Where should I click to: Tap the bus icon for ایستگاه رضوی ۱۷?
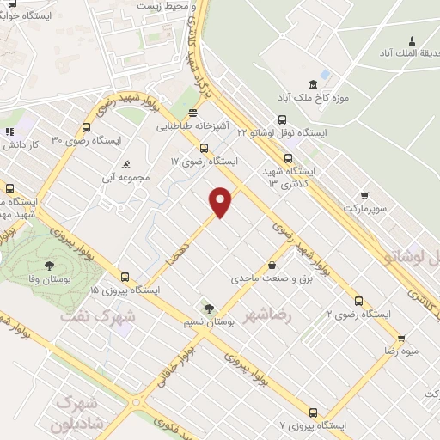(x=203, y=148)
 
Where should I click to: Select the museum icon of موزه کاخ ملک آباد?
(x=313, y=85)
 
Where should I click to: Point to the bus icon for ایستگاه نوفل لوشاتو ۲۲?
(x=282, y=120)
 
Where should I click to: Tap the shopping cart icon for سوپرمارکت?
(x=364, y=195)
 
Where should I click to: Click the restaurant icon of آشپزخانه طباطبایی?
(x=194, y=113)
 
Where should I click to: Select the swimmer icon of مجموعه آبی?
(x=127, y=164)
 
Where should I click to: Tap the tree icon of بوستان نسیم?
(x=207, y=308)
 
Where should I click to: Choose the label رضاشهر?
(x=268, y=315)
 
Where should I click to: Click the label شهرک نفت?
(x=97, y=315)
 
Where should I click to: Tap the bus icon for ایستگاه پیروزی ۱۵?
(x=125, y=277)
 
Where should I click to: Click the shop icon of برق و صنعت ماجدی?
(x=272, y=265)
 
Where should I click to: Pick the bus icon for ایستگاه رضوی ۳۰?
(x=86, y=125)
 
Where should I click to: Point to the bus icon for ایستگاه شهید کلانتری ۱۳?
(x=287, y=158)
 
